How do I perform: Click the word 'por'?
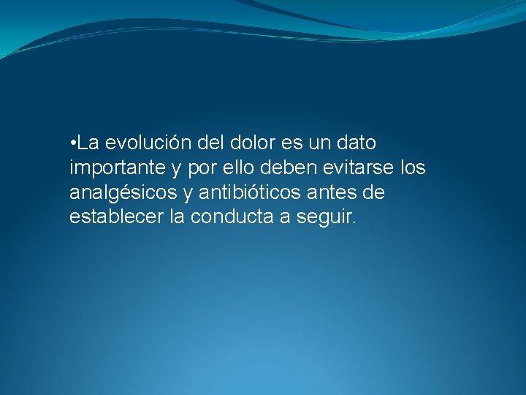point(202,169)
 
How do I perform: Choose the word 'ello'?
point(239,168)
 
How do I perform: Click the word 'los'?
point(413,168)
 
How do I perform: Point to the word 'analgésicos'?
point(123,193)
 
